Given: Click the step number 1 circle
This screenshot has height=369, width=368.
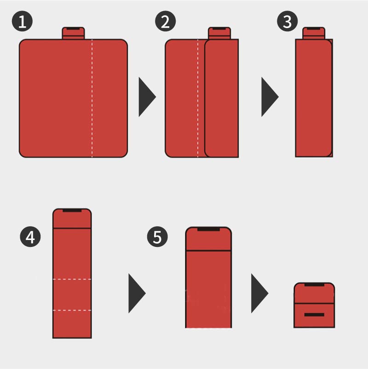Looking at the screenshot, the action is pyautogui.click(x=23, y=21).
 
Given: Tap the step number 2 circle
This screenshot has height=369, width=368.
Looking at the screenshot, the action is pyautogui.click(x=166, y=21).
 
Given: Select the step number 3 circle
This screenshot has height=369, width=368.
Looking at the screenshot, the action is pyautogui.click(x=287, y=21).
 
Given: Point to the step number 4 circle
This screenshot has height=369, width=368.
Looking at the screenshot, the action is pyautogui.click(x=30, y=236).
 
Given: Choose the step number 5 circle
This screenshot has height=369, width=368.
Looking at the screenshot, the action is pyautogui.click(x=157, y=236).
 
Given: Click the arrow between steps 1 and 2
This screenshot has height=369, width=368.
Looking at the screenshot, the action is pyautogui.click(x=147, y=97).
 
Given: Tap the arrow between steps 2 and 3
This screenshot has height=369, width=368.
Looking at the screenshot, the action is pyautogui.click(x=270, y=97).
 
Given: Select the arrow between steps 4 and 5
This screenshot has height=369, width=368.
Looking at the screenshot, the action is pyautogui.click(x=137, y=293).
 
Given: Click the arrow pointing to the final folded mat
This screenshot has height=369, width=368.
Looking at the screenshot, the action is pyautogui.click(x=259, y=293).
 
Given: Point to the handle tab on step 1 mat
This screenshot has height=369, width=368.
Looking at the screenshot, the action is pyautogui.click(x=73, y=33).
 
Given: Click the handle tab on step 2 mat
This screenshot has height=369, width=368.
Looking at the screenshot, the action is pyautogui.click(x=219, y=33).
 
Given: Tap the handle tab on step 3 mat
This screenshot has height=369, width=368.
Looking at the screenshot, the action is pyautogui.click(x=314, y=33).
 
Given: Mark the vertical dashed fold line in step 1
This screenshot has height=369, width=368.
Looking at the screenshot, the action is pyautogui.click(x=92, y=99).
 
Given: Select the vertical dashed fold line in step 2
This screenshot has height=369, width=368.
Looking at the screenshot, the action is pyautogui.click(x=198, y=99).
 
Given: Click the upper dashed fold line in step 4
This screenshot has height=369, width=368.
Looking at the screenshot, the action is pyautogui.click(x=72, y=279).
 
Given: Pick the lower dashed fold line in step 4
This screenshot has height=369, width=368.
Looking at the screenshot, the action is pyautogui.click(x=72, y=310).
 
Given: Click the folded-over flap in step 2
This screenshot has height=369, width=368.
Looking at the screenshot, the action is pyautogui.click(x=222, y=99).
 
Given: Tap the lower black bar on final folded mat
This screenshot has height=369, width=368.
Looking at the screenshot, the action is pyautogui.click(x=314, y=315).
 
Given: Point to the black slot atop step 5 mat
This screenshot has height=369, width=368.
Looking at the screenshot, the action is pyautogui.click(x=208, y=229).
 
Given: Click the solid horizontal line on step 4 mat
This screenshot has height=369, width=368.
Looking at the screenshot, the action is pyautogui.click(x=72, y=228).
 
